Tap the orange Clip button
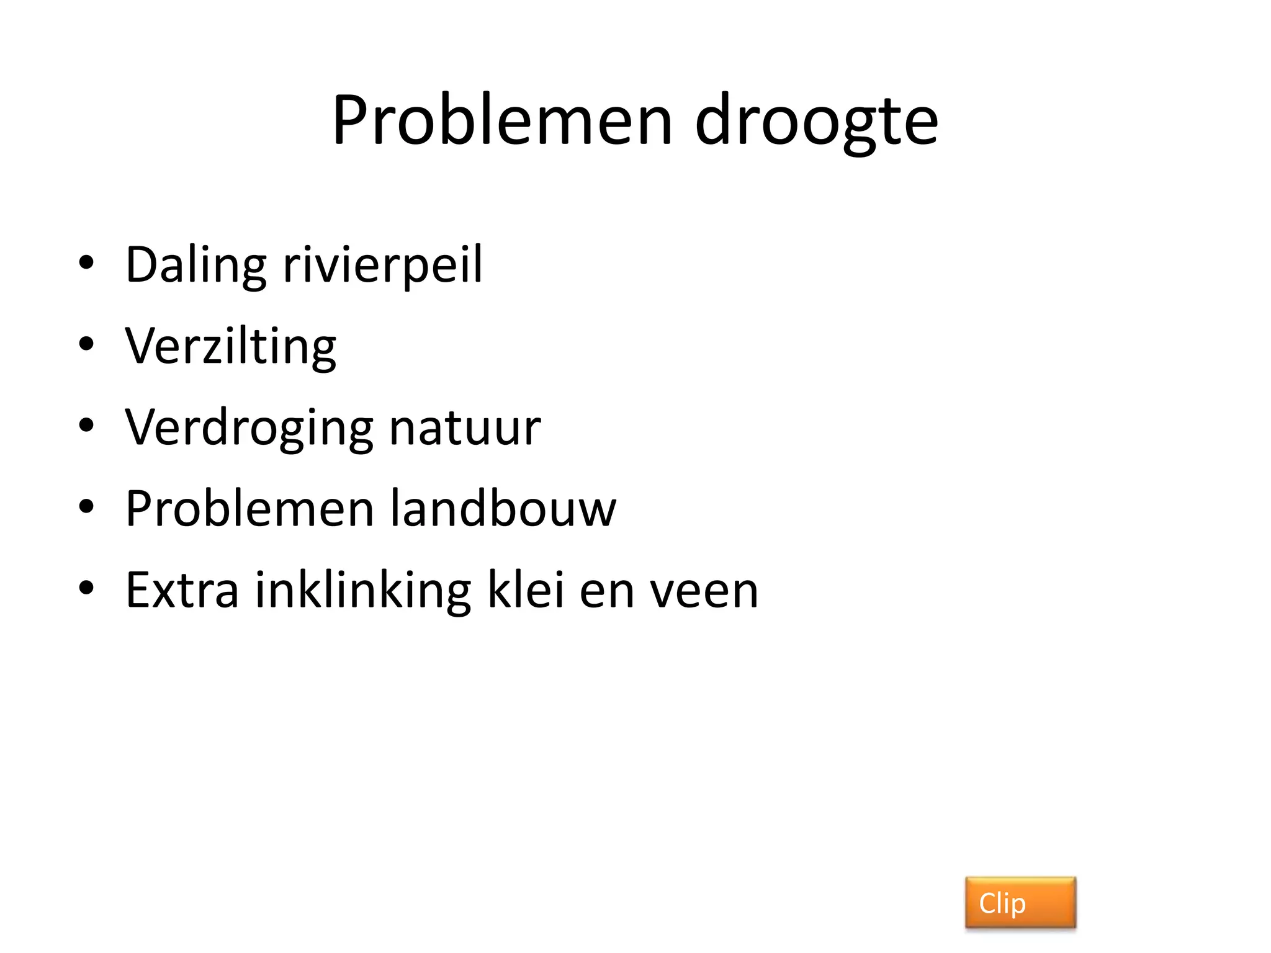tap(1020, 903)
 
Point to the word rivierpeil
tap(382, 266)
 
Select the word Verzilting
tap(230, 346)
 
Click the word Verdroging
tap(249, 428)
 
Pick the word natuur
tap(465, 428)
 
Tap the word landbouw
tap(503, 509)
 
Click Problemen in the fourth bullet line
tap(249, 509)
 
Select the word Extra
tap(182, 590)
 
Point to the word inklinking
tap(363, 590)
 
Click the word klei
tap(526, 590)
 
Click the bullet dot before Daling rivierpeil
tap(86, 263)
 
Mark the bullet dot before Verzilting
tap(86, 344)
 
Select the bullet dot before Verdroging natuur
tap(86, 426)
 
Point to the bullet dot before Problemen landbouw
tap(86, 506)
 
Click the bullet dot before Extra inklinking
tap(86, 588)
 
